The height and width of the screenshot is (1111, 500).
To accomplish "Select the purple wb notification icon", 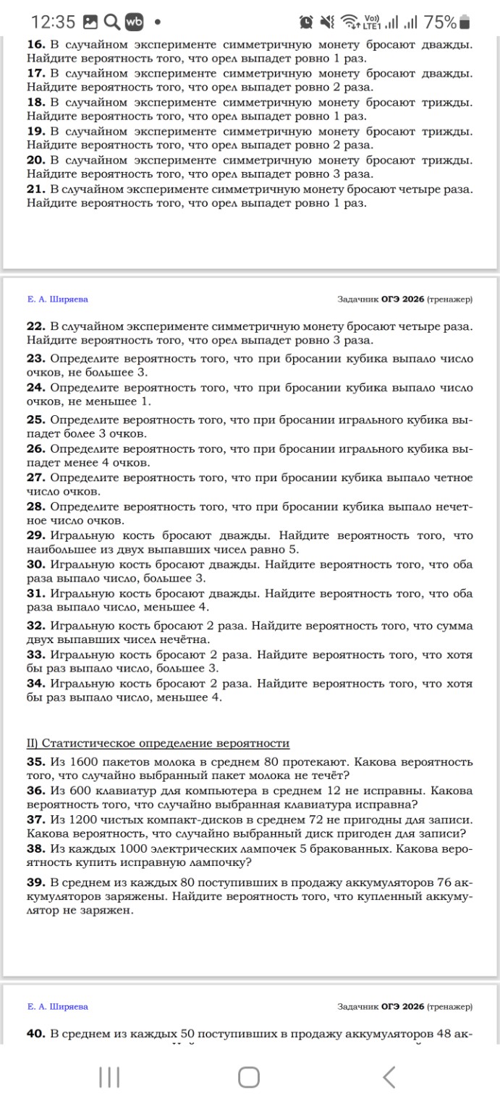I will tap(135, 22).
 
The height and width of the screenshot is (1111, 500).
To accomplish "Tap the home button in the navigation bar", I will tap(249, 1077).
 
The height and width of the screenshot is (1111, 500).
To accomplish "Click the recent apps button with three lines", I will tap(109, 1077).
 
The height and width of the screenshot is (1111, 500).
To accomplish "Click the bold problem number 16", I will tap(36, 45).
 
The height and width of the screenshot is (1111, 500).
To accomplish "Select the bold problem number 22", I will tap(36, 326).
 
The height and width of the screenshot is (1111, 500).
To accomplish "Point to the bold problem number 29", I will tap(36, 535).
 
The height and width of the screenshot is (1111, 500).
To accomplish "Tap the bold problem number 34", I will tap(36, 684).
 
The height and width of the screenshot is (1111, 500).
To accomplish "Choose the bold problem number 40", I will tap(36, 1034).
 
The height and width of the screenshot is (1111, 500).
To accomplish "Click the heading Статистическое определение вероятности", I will tap(166, 743).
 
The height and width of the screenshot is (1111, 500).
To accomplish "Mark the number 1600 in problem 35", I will tap(85, 762).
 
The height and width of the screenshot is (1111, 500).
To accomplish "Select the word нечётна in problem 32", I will tap(183, 639).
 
